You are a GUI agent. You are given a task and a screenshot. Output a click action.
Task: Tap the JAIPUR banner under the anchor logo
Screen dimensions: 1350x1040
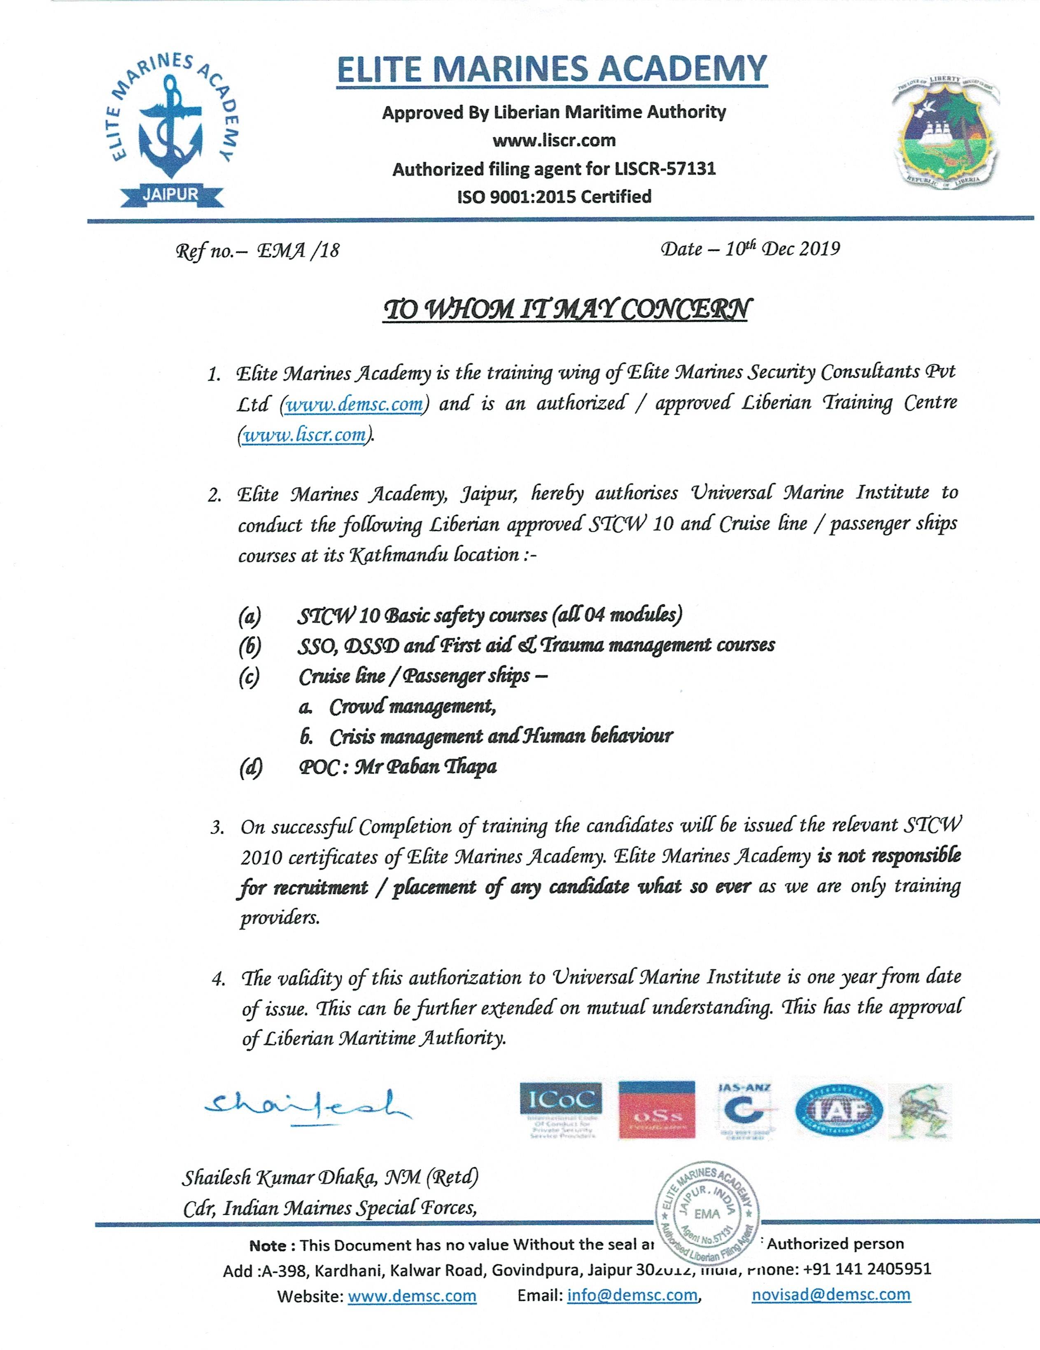click(171, 194)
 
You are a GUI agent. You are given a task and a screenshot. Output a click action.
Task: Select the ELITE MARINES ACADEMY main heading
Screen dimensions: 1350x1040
click(552, 69)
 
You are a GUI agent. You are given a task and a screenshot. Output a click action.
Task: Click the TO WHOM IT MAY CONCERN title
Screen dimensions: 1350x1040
click(566, 309)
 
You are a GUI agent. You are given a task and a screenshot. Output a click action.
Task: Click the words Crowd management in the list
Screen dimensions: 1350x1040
click(412, 706)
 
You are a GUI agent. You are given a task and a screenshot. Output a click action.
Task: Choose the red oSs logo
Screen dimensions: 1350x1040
click(657, 1110)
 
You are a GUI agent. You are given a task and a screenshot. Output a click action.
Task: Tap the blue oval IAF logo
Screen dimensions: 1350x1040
click(839, 1110)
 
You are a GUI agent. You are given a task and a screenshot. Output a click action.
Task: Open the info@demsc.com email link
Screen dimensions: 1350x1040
click(632, 1295)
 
